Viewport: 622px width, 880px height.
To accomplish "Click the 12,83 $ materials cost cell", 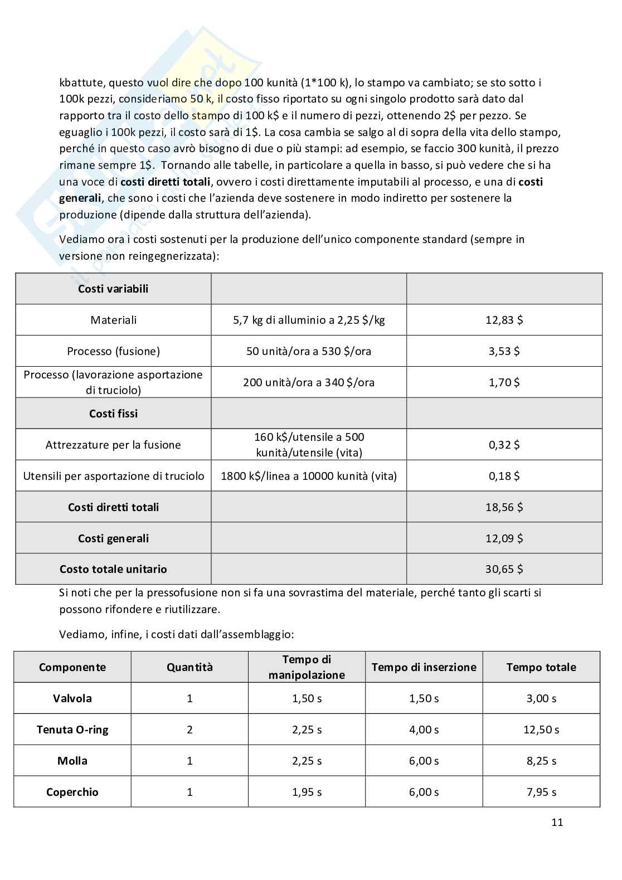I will pyautogui.click(x=504, y=320).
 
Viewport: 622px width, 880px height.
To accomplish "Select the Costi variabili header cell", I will pyautogui.click(x=113, y=289).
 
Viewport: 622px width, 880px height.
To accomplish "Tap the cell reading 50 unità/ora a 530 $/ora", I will pyautogui.click(x=309, y=351).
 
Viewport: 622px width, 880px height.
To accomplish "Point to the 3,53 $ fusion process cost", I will pyautogui.click(x=504, y=351).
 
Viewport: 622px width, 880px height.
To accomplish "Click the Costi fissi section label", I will pyautogui.click(x=113, y=414).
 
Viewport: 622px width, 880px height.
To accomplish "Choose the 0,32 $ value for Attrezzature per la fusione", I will pyautogui.click(x=504, y=445).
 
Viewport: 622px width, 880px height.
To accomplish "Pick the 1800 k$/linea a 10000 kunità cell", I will pyautogui.click(x=309, y=476).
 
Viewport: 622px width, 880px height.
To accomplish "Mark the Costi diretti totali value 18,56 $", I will pyautogui.click(x=504, y=507).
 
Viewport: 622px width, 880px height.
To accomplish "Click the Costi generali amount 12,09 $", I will pyautogui.click(x=504, y=538).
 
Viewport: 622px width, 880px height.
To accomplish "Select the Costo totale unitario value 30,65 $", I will pyautogui.click(x=504, y=569).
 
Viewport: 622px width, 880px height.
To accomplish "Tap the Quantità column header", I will pyautogui.click(x=189, y=667).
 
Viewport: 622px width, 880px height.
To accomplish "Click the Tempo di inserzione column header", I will pyautogui.click(x=424, y=667).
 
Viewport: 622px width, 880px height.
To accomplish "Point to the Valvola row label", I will pyautogui.click(x=72, y=698).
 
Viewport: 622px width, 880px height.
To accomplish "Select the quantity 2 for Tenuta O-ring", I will pyautogui.click(x=189, y=730).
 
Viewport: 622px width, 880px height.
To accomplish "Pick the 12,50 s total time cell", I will pyautogui.click(x=541, y=730).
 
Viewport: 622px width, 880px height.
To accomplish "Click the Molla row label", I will pyautogui.click(x=72, y=761).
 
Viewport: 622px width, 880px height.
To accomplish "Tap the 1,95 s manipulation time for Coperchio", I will pyautogui.click(x=307, y=792).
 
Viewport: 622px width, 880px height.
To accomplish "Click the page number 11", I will pyautogui.click(x=557, y=822).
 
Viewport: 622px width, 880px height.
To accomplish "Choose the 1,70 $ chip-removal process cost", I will pyautogui.click(x=504, y=382).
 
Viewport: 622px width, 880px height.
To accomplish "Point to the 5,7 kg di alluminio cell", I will pyautogui.click(x=309, y=320).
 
